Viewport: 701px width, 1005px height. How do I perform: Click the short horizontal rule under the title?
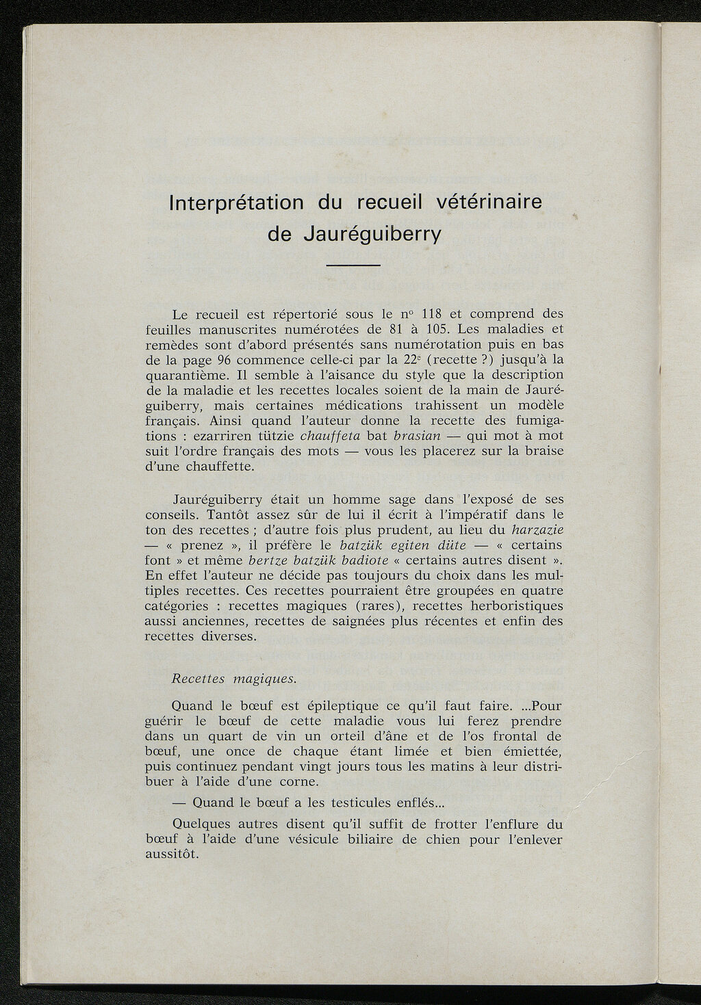tap(353, 265)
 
